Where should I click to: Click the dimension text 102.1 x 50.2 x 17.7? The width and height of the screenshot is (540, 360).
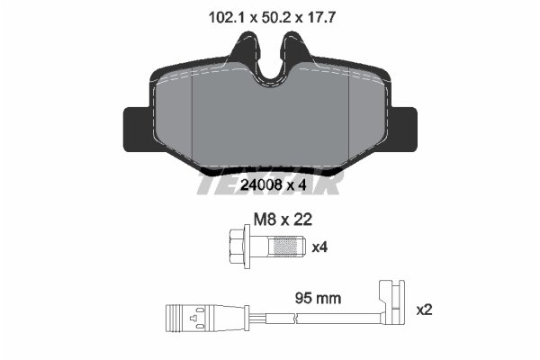coord(266,16)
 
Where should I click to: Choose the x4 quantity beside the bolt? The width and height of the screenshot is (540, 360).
coord(319,245)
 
